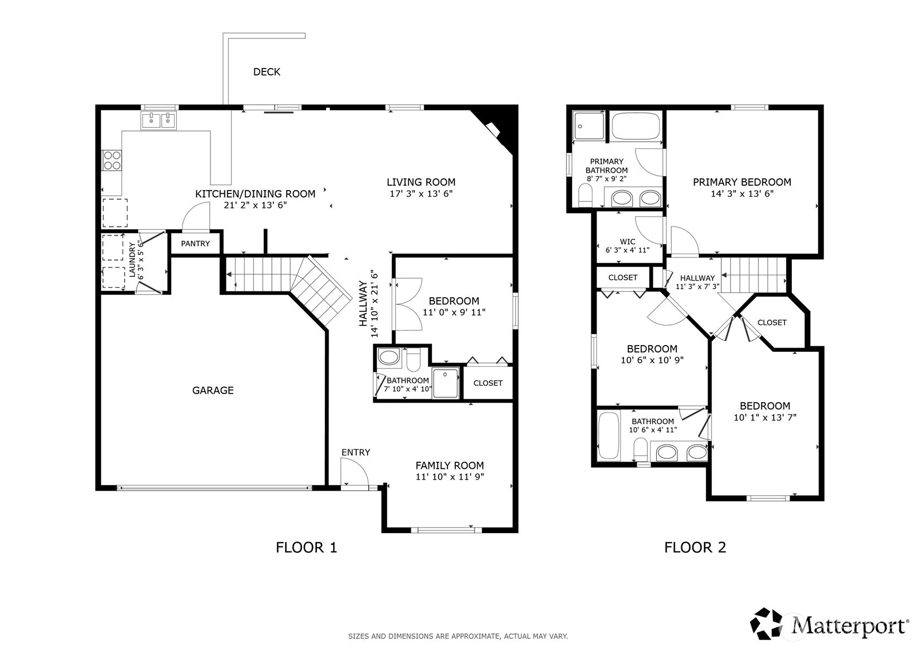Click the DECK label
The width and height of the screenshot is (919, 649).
point(267,72)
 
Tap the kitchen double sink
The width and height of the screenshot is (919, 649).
point(159,120)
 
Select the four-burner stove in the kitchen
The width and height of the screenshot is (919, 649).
point(112,161)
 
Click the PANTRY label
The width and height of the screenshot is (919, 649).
point(195,244)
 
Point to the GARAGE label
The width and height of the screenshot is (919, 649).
point(213,390)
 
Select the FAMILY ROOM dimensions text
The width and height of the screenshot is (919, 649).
point(450,477)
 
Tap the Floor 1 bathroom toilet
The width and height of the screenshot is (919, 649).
point(413,360)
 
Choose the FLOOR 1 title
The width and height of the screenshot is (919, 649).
point(306,548)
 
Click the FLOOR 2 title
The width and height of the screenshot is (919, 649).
point(695,548)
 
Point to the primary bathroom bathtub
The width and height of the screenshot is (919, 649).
point(636,126)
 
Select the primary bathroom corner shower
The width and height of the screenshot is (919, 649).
point(589,126)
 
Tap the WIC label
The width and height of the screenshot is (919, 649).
point(628,242)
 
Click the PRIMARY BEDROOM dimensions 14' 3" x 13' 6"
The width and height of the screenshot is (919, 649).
point(742,193)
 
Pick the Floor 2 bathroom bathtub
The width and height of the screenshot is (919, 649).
point(608,435)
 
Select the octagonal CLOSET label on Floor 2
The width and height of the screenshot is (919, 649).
point(772,323)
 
